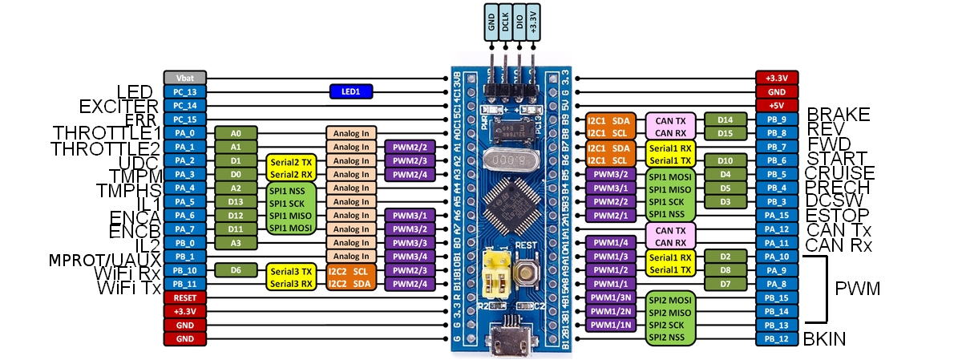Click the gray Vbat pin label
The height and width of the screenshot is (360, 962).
coord(185,78)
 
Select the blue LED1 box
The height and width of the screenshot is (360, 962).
coord(351,91)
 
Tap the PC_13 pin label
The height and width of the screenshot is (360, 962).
coord(185,91)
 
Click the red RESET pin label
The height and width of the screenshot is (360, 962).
coord(185,297)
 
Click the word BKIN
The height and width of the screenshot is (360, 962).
coord(825,339)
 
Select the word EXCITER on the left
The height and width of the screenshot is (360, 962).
coord(119,106)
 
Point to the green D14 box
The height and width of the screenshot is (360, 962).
coord(726,119)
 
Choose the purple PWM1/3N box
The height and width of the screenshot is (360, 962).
coord(611,297)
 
